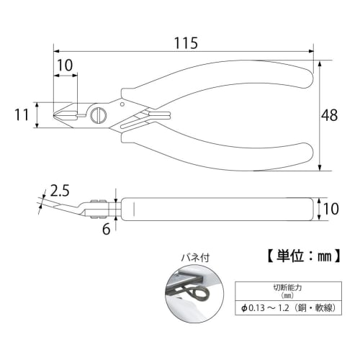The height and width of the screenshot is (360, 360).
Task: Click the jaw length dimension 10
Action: point(65,65)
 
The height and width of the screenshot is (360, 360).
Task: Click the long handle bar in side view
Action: point(216,208)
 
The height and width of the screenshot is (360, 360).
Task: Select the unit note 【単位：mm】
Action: point(298,255)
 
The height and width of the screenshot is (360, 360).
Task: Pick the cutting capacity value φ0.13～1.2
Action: point(267,309)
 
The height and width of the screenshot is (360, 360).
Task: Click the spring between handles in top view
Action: point(155,114)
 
